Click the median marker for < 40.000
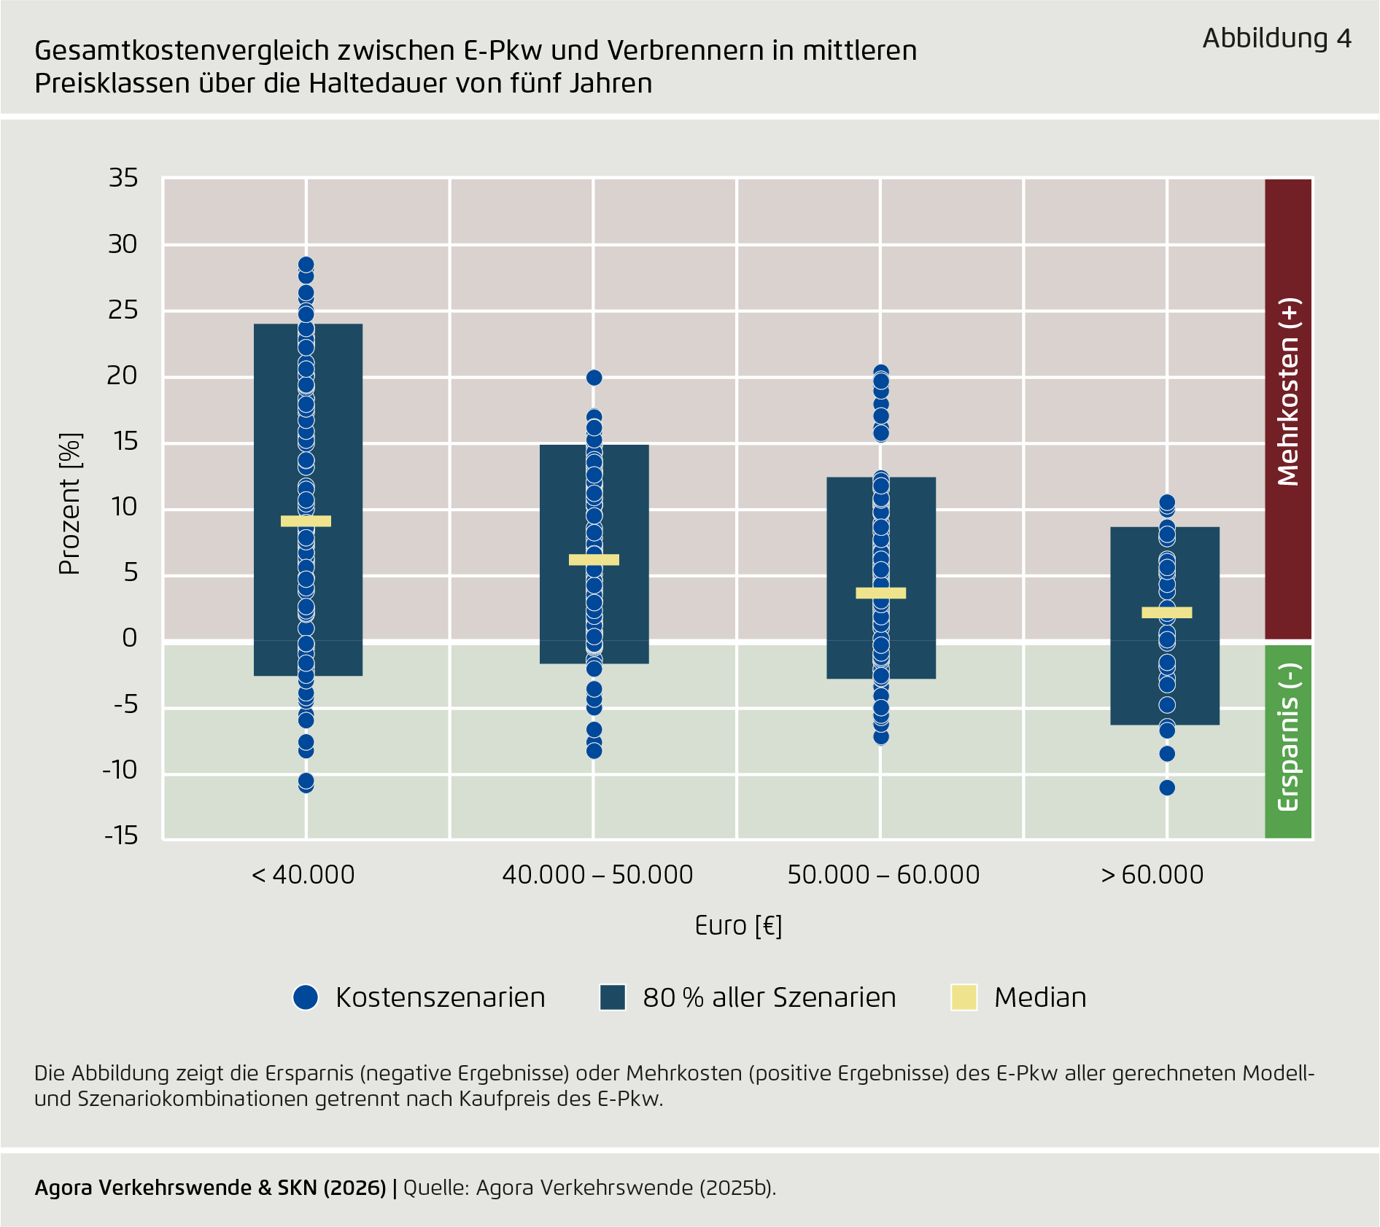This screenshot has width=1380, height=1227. pos(306,521)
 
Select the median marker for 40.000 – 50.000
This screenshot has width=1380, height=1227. pos(594,559)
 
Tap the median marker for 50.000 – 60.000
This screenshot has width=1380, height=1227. pos(880,593)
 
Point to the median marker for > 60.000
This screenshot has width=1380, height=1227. pos(1166,612)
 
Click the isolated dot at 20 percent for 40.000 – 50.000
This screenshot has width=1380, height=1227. pos(594,378)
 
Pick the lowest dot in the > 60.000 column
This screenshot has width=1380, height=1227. pos(1167,787)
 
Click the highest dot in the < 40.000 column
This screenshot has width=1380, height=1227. pos(306,265)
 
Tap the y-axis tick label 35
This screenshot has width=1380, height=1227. pos(123,178)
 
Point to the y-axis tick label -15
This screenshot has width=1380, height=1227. pos(120,835)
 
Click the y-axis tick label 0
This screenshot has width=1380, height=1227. pos(129,638)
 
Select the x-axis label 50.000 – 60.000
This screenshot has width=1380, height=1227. pos(883,874)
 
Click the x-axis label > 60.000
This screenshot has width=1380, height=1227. pos(1152,874)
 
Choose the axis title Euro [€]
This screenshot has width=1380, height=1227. pos(738,925)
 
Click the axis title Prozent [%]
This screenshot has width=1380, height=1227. pos(69,505)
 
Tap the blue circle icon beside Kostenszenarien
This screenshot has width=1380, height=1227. pos(306,997)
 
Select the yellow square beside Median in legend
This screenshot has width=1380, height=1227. pos(964,997)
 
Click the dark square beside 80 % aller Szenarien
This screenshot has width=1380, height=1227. pos(613,997)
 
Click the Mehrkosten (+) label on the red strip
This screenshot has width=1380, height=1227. pos(1288,392)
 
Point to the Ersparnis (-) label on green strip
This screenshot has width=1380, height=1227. pos(1288,737)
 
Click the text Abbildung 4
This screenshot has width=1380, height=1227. pos(1276,38)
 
